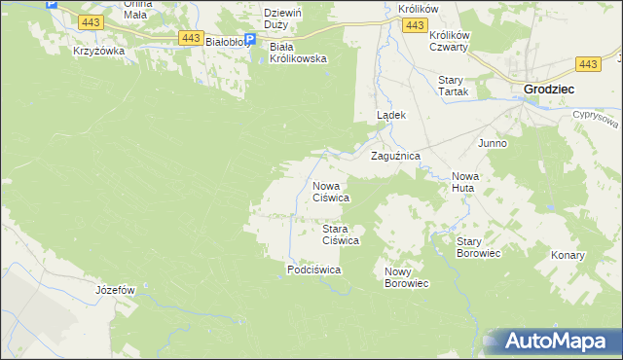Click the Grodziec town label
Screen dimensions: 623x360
pos(549,89)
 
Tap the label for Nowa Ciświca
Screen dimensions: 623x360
pos(330,192)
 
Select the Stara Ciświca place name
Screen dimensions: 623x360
pos(342,234)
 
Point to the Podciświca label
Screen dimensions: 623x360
pos(313,270)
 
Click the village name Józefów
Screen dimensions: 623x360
pos(115,290)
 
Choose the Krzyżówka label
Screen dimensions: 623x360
pos(98,52)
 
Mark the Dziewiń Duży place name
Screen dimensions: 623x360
pos(286,19)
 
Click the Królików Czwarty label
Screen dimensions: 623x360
pos(449,40)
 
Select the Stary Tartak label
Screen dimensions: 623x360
pos(453,86)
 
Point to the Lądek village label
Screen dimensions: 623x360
pos(390,115)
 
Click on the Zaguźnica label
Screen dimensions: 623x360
pos(394,156)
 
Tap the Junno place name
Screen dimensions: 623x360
pos(492,143)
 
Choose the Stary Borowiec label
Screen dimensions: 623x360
pos(478,247)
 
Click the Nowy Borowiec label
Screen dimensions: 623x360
pos(407,277)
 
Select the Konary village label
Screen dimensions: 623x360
pos(568,255)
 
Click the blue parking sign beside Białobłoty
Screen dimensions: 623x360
pos(249,41)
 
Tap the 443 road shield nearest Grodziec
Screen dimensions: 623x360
pos(587,64)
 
